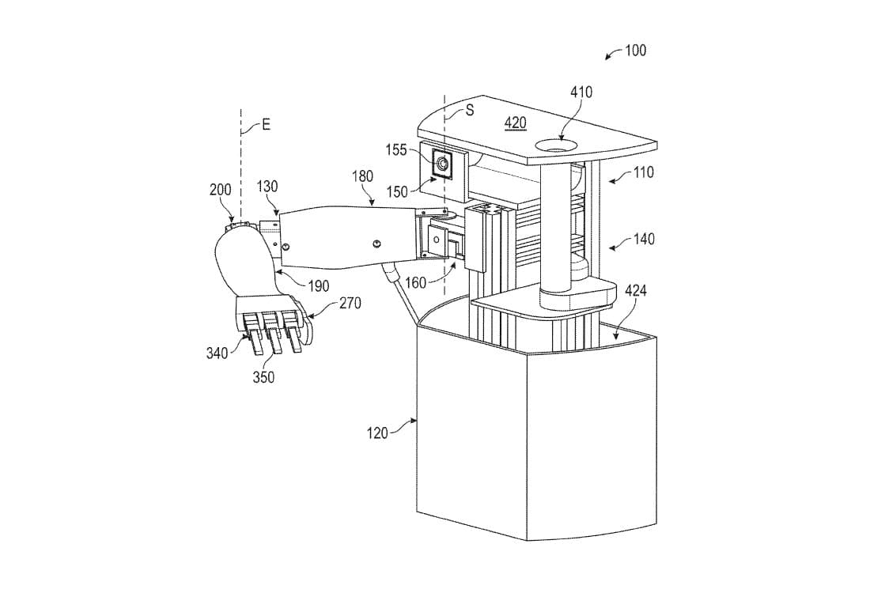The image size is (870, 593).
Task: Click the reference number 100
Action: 635,51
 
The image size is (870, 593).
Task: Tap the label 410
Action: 581,93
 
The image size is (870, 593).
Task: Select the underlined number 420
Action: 515,123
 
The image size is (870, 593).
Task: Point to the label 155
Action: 397,149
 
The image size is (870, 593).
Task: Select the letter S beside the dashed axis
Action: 469,111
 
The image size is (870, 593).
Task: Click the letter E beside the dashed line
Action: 266,125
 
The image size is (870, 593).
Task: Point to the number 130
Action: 267,187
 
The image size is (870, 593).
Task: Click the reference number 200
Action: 221,190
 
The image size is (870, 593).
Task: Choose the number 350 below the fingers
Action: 263,377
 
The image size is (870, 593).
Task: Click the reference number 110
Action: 643,172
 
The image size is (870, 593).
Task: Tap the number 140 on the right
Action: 643,239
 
